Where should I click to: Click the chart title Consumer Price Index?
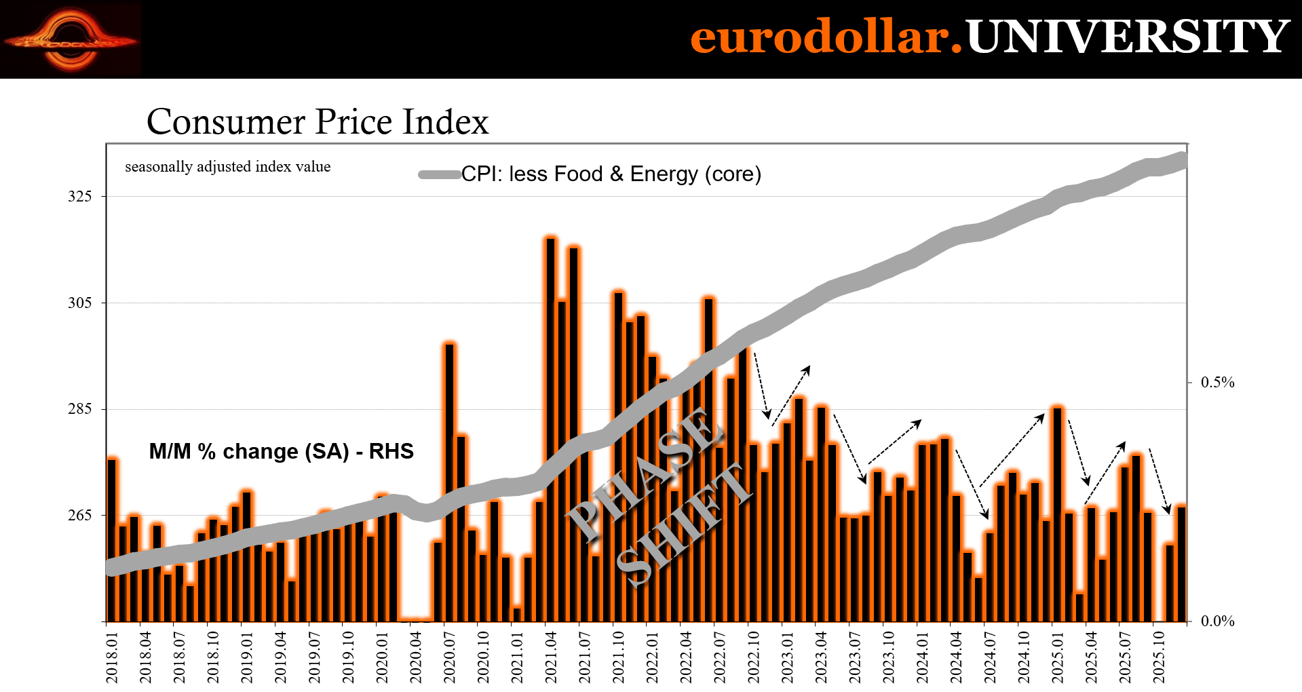(x=318, y=122)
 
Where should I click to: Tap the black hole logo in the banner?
(x=71, y=39)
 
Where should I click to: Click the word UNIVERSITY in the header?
(x=1127, y=37)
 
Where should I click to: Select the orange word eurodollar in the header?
(x=826, y=37)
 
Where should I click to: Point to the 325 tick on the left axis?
(x=79, y=197)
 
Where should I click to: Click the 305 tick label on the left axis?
(x=79, y=303)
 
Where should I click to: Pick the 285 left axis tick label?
(x=79, y=409)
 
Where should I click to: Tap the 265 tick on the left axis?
(x=79, y=516)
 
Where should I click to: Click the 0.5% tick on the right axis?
(x=1217, y=383)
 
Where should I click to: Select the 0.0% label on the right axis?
(x=1217, y=621)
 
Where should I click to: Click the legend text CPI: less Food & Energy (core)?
(x=611, y=174)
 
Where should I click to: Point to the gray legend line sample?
(x=440, y=174)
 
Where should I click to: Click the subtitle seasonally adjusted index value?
(x=228, y=167)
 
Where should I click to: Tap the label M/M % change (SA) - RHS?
(x=282, y=452)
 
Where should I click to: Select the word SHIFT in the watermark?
(x=684, y=524)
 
